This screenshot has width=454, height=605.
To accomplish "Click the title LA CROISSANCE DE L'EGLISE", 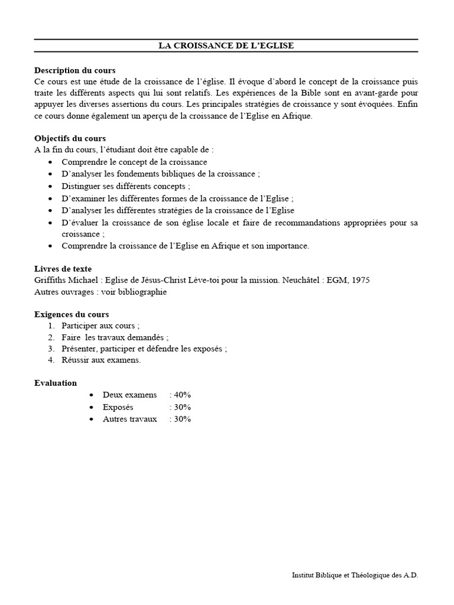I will coord(226,45).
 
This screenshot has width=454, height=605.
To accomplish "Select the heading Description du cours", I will coord(75,70).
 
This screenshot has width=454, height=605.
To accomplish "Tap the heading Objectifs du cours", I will coord(70,138).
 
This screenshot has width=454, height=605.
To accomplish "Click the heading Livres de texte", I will coord(63,269).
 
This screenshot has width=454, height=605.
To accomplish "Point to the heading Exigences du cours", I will coord(72,314).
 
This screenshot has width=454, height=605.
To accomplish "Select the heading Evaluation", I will coord(56,383).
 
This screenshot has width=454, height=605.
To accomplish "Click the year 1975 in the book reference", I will coord(360,280).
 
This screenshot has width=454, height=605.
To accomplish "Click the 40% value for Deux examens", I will coord(182,395).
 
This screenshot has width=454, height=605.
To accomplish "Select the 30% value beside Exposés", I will coord(182,407).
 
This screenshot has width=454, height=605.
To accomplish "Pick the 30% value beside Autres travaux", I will coord(182,419).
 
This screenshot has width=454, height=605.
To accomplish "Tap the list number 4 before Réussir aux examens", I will coord(51,360).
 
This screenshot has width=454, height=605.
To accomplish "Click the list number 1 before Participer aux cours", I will coord(51,326).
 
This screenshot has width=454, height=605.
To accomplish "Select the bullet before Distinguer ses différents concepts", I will coord(51,186).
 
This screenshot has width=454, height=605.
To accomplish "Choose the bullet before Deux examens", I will coord(91,395).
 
